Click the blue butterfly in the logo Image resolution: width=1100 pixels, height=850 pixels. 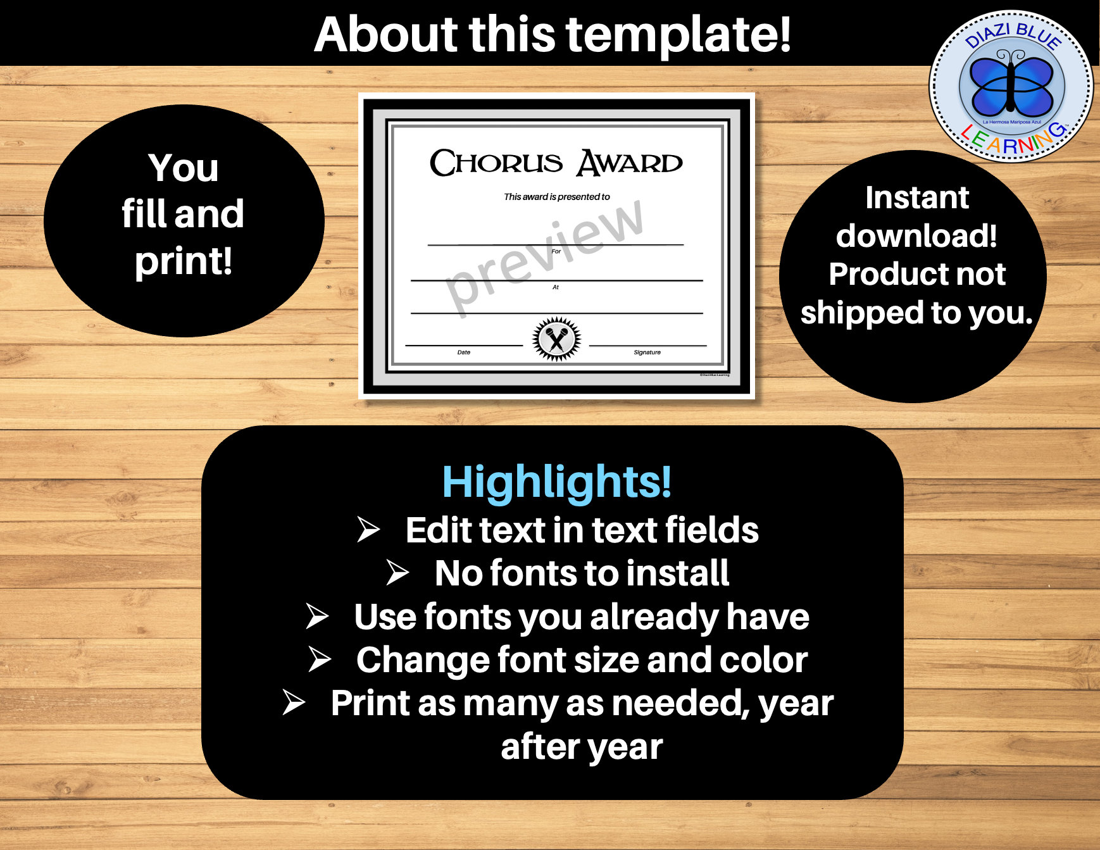click(x=1012, y=83)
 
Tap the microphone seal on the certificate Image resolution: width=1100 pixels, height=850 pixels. click(x=556, y=339)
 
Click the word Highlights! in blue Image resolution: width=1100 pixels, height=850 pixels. click(x=556, y=482)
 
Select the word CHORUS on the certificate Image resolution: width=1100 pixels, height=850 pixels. click(x=496, y=163)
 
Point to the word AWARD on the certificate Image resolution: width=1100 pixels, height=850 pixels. click(x=630, y=163)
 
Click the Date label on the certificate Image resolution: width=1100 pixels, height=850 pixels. click(x=464, y=353)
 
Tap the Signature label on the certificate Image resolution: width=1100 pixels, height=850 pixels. click(x=647, y=353)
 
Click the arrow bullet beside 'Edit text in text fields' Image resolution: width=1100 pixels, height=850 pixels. click(x=368, y=529)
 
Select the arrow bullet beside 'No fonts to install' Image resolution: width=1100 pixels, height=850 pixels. click(x=397, y=572)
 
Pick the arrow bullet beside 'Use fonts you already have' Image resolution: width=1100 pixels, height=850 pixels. click(x=316, y=616)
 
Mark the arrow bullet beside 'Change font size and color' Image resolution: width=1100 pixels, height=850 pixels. click(x=320, y=659)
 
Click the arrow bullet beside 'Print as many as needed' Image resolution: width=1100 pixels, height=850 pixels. click(x=294, y=702)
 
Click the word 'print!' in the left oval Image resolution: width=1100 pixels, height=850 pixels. click(x=184, y=261)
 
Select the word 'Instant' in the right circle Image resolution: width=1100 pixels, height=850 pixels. click(x=917, y=197)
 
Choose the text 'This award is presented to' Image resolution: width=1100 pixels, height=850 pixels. click(x=556, y=197)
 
